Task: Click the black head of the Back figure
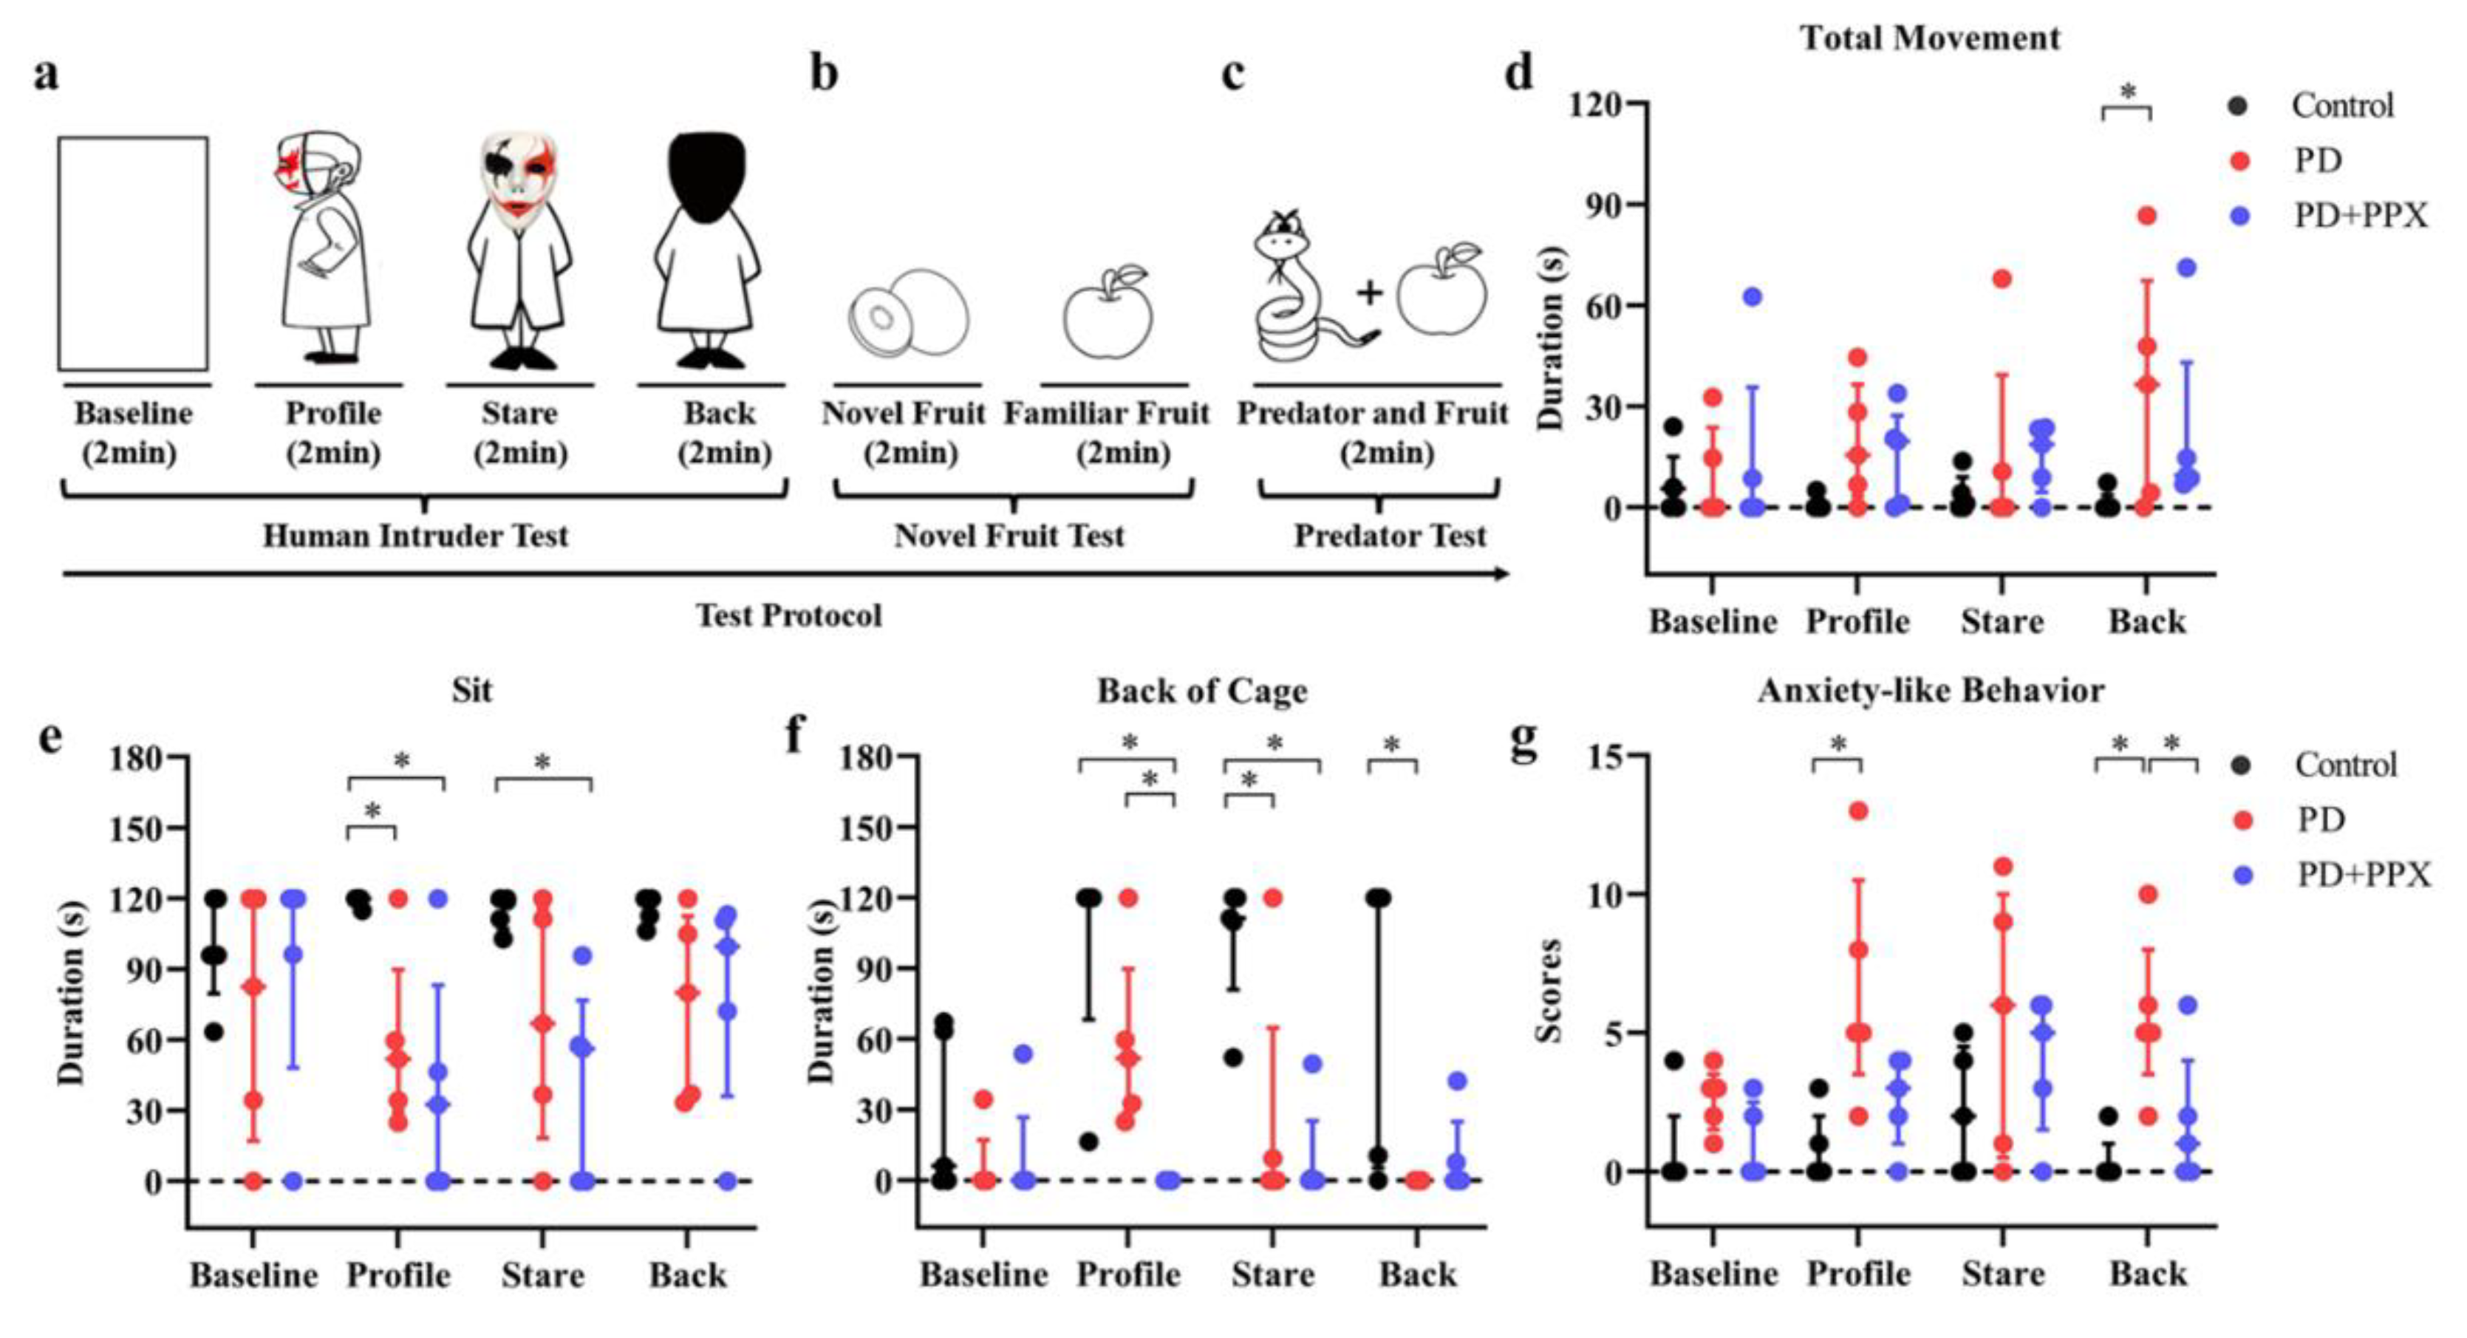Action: (x=709, y=177)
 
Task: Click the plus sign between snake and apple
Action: (x=1370, y=292)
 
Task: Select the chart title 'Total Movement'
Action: (x=1930, y=38)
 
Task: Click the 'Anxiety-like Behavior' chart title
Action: (x=1931, y=691)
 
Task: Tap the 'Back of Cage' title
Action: (x=1202, y=691)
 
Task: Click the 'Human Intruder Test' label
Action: (x=416, y=536)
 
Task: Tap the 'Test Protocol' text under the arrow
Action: (x=788, y=615)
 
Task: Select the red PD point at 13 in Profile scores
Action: (x=1859, y=812)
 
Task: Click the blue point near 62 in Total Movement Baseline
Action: (x=1752, y=297)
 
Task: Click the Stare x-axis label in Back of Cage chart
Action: (x=1273, y=1274)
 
